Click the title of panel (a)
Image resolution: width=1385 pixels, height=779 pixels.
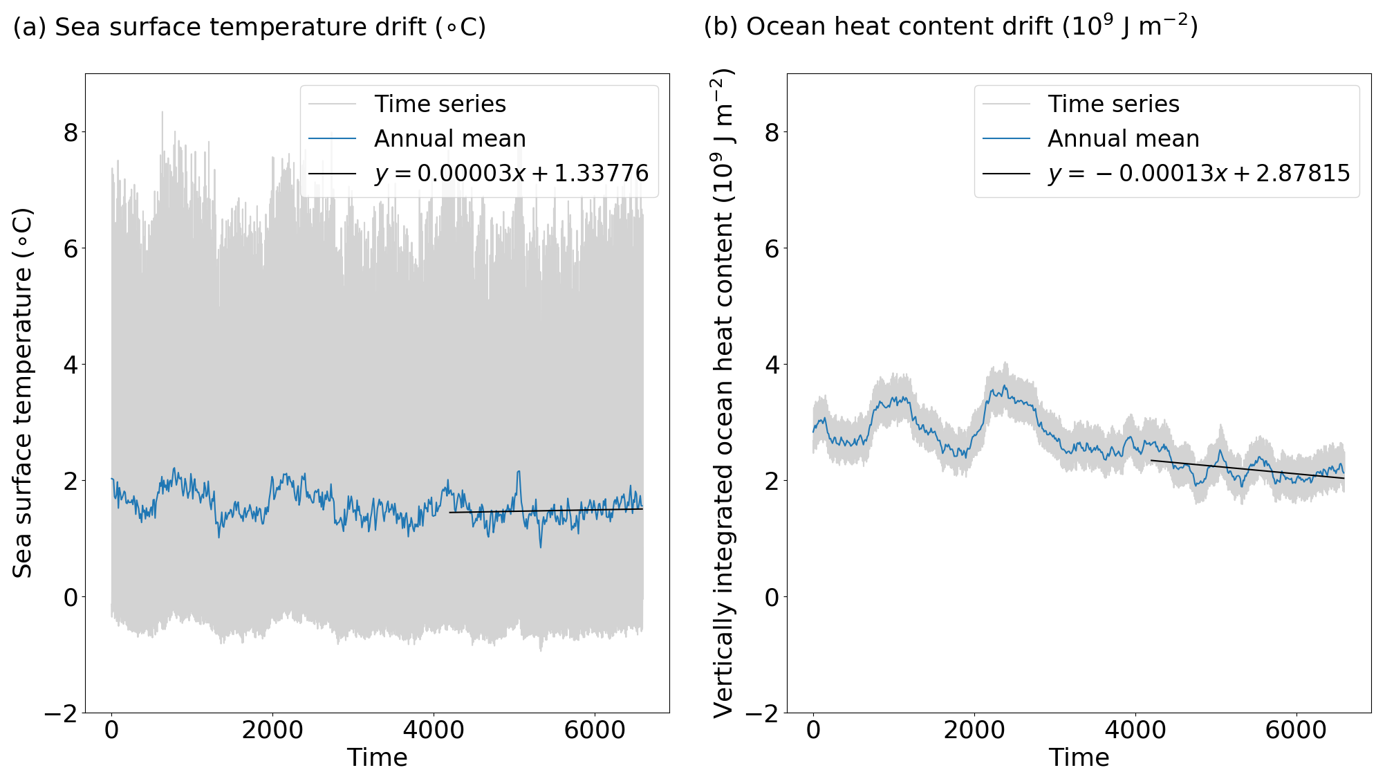250,28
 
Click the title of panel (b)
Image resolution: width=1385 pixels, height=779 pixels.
951,26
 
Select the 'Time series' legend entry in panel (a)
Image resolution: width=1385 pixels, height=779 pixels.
440,104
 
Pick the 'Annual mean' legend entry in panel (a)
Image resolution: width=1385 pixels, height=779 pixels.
449,138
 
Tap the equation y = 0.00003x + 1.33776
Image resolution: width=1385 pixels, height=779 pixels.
511,173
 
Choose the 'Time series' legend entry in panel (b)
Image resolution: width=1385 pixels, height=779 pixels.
1113,104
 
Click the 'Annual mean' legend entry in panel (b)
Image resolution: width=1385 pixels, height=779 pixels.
1123,138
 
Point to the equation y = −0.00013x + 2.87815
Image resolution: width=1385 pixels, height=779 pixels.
1198,173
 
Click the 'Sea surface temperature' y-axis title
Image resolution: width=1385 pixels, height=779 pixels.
23,392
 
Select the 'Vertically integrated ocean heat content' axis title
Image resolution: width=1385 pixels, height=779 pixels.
723,392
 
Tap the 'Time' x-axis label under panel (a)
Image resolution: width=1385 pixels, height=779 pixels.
377,758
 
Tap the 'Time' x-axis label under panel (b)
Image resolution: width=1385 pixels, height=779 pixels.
1079,758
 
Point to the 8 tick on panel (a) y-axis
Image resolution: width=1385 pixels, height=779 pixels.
71,132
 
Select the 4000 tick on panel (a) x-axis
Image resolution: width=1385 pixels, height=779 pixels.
434,731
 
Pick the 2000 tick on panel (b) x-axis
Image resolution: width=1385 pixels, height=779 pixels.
974,731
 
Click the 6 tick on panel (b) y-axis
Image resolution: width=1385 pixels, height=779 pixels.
772,248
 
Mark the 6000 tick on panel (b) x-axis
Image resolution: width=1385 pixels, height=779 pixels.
1296,731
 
